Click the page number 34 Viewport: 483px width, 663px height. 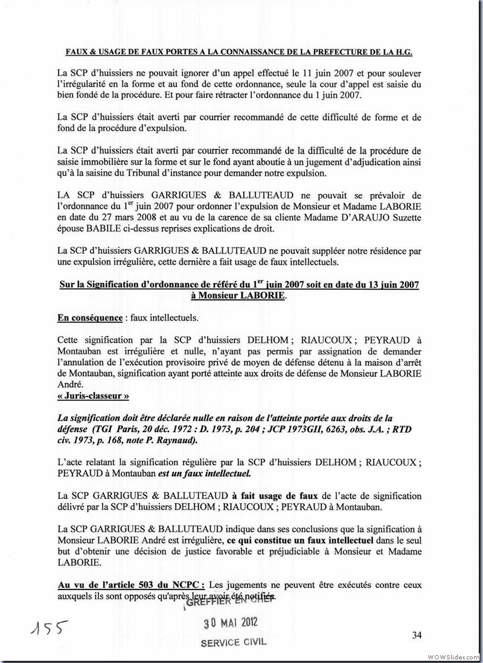point(416,635)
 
